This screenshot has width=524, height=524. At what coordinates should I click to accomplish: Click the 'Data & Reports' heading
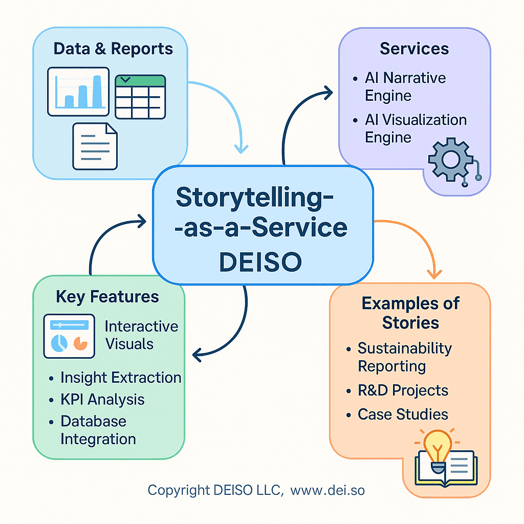pos(113,49)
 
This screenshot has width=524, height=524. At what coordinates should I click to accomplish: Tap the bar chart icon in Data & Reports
pos(78,91)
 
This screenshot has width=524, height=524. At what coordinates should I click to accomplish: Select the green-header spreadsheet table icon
pos(140,97)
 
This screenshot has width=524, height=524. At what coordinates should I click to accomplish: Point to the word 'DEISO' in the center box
pos(260,261)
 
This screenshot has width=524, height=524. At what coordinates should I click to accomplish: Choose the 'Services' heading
pos(414,49)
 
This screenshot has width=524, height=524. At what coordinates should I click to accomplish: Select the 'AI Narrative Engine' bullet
pos(404,86)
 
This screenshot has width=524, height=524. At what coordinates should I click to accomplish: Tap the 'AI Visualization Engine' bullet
pos(414,128)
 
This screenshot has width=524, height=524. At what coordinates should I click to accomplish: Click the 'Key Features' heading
pos(107,297)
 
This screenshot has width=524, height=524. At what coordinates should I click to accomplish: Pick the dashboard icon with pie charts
pos(70,336)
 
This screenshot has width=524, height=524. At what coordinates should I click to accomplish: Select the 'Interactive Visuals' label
pos(141,335)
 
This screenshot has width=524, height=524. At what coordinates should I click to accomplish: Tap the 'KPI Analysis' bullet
pos(102,400)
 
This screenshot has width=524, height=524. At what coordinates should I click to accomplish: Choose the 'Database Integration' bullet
pos(97,430)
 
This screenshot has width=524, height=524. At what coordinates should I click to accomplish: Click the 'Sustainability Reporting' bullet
pos(404,357)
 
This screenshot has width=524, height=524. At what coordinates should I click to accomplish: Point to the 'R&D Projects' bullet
pos(403,390)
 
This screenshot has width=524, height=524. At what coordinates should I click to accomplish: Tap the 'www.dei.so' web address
pos(327,490)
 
